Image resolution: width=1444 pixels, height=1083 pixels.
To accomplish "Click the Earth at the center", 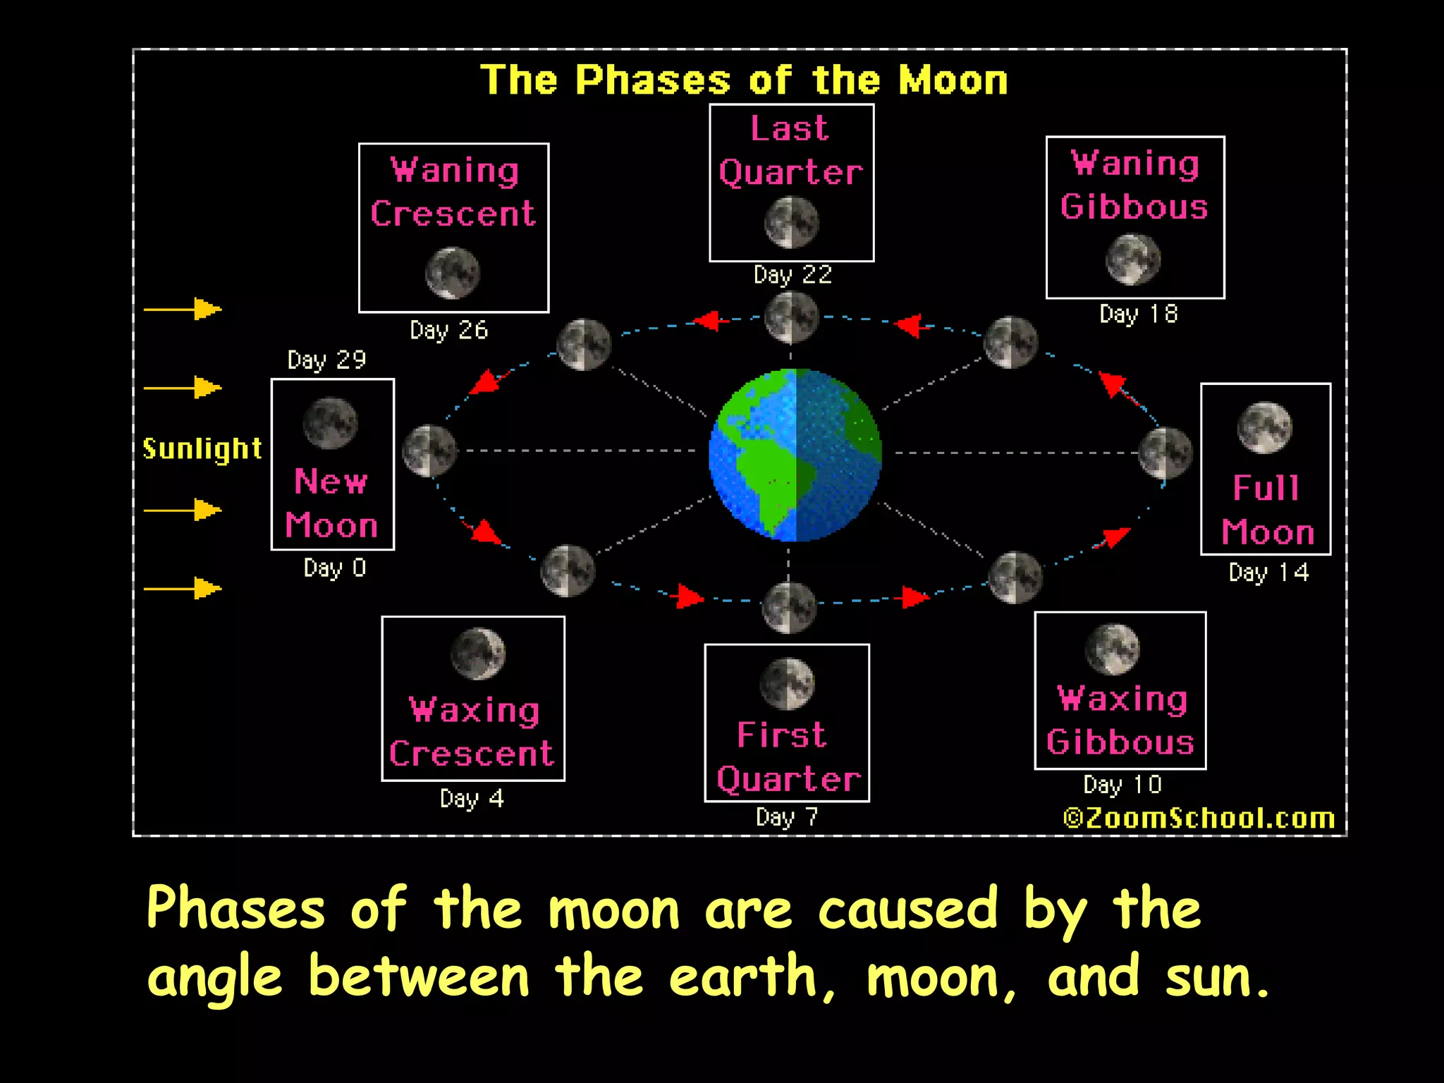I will click(x=795, y=455).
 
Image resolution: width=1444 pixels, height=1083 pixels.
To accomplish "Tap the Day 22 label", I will click(x=793, y=275).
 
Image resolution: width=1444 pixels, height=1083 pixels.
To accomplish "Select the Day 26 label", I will click(x=449, y=330).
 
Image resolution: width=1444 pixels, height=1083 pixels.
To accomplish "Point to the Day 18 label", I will click(x=1138, y=314).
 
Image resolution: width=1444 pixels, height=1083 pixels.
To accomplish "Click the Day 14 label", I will click(x=1268, y=573).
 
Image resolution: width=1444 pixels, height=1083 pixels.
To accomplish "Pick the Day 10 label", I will click(x=1122, y=785).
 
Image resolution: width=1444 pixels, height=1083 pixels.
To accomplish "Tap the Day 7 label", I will click(x=787, y=817).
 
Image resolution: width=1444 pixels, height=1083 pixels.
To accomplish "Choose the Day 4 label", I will click(x=472, y=799).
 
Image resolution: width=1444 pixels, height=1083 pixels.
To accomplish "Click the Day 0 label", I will click(x=334, y=568).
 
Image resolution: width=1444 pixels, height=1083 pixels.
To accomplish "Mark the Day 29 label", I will click(x=326, y=360).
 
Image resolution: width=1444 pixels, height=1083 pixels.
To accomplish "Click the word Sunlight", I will click(x=202, y=449).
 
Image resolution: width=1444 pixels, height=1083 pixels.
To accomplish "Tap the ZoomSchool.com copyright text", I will click(x=1199, y=818).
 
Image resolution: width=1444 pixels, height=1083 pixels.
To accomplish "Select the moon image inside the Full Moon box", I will click(x=1265, y=427).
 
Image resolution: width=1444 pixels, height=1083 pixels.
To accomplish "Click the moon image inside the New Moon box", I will click(x=330, y=423).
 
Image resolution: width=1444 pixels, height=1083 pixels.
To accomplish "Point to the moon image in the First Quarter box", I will click(x=787, y=683).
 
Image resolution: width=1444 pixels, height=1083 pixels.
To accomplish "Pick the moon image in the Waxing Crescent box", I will click(x=478, y=654).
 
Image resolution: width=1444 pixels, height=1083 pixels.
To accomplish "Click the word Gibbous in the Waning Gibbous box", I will click(x=1134, y=207).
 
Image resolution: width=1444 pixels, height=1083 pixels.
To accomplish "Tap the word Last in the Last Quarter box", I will click(x=789, y=129).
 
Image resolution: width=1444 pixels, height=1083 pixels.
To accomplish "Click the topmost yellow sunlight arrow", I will click(x=183, y=309).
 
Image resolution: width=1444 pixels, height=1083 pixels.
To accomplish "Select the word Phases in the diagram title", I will click(x=652, y=80).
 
